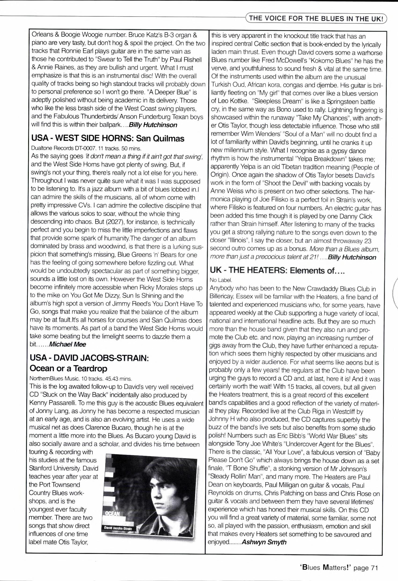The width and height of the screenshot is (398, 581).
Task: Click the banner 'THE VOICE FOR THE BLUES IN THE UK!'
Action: pos(316,19)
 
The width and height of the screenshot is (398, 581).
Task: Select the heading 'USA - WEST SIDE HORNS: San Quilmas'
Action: pos(108,138)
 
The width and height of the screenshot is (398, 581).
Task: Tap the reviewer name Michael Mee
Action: pos(67,344)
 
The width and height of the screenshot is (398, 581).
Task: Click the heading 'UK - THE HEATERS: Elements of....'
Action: pos(277,270)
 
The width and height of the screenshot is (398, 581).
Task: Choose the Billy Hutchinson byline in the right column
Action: pos(352,257)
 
